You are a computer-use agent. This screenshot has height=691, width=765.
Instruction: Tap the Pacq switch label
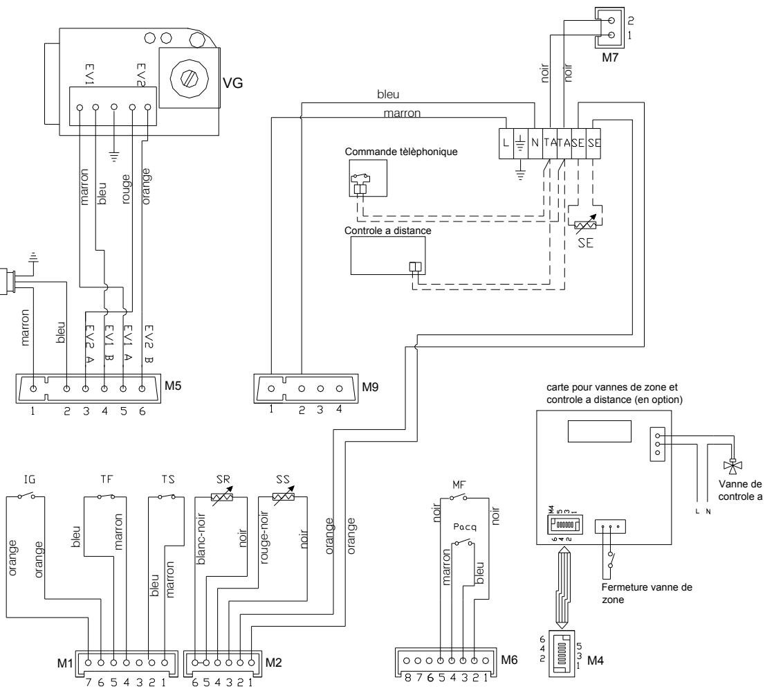462,526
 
